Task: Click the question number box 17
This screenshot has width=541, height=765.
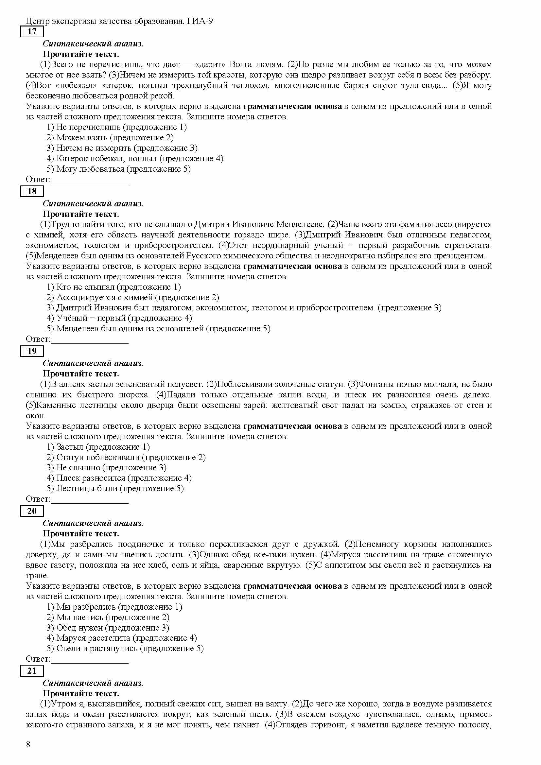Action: [32, 32]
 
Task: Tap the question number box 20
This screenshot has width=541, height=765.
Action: [32, 512]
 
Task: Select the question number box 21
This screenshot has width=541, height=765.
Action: [32, 671]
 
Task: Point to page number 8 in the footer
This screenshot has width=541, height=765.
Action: [28, 744]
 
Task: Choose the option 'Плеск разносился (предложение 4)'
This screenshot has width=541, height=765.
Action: [119, 478]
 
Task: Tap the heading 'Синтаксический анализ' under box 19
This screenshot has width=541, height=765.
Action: [93, 363]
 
